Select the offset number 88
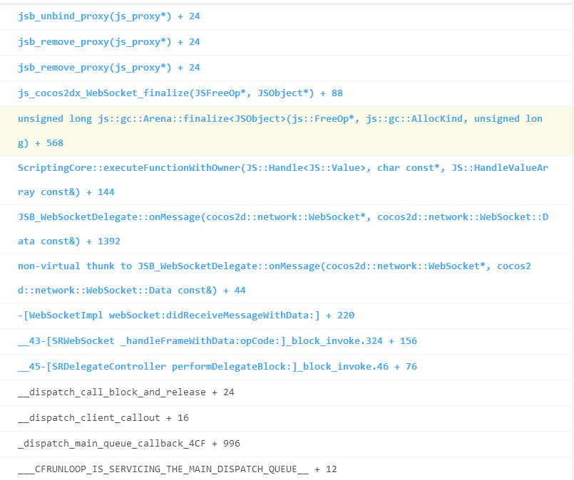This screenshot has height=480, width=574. coord(337,93)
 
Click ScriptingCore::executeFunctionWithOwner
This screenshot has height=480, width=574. coord(128,167)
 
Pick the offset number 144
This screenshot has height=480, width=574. coord(106,192)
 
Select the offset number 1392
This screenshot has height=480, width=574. coord(108,241)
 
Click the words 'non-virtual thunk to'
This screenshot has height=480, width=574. coord(75,266)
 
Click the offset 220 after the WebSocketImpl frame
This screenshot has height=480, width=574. coord(346,315)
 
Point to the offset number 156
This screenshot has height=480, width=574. coord(408,341)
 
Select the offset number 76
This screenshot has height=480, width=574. coord(411,367)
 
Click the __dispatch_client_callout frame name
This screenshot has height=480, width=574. coord(86,418)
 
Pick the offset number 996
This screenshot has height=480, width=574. coord(231,444)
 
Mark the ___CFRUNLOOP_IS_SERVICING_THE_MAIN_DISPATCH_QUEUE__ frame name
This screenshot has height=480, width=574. coord(163,469)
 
